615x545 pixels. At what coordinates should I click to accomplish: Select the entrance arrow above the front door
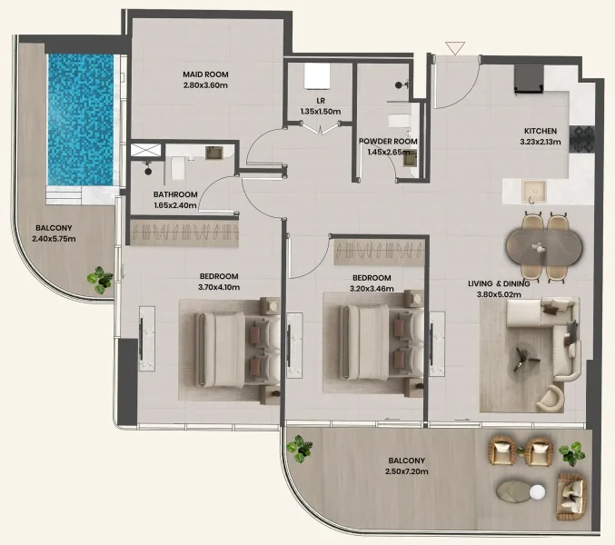455,48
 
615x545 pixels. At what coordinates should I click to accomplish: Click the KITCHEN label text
541,130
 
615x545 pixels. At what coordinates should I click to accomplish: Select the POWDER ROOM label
388,142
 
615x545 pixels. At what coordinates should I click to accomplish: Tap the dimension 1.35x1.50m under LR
320,112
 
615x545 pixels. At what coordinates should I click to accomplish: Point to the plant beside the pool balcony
100,281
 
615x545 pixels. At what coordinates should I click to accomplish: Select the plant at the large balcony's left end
299,448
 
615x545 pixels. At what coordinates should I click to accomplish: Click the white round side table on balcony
537,492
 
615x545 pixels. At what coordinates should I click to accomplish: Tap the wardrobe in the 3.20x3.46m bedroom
379,249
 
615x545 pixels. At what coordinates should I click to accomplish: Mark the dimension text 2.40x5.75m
54,240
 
